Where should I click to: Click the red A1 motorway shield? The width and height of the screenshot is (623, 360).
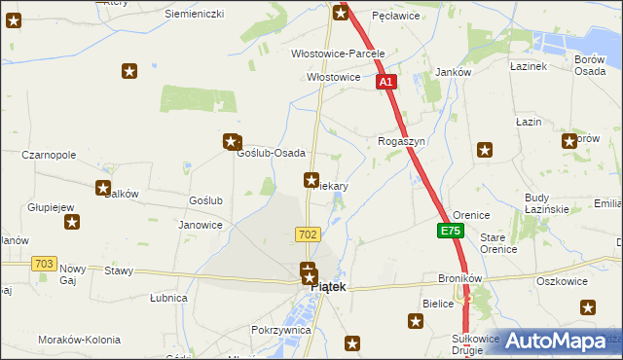[386, 84]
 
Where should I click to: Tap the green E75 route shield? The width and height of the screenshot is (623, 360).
[450, 232]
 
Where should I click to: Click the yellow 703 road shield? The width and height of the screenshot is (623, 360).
[43, 264]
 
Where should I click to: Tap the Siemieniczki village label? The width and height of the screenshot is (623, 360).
[194, 14]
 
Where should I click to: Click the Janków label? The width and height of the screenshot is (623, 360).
[453, 73]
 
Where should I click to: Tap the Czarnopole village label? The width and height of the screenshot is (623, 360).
[49, 155]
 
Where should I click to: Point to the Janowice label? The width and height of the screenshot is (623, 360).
[201, 225]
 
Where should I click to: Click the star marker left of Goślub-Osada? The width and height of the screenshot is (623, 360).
[232, 141]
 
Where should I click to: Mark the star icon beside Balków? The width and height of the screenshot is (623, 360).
[102, 188]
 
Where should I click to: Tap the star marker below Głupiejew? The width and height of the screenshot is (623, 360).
[72, 223]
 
